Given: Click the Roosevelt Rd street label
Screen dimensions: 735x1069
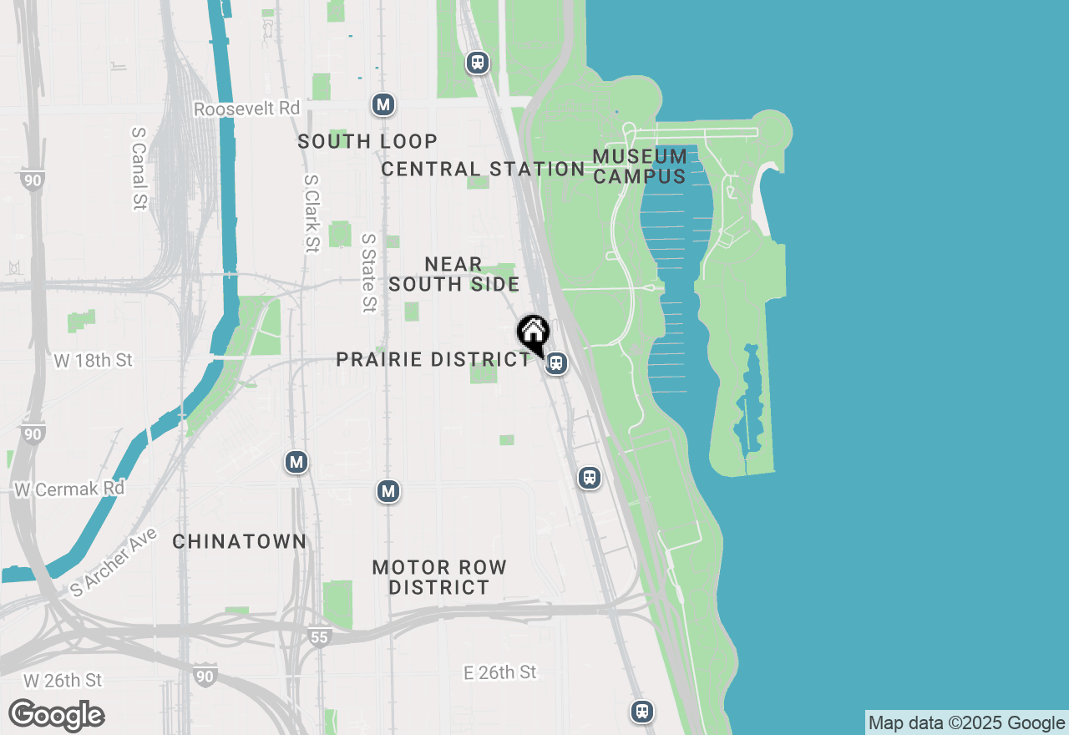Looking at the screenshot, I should click(246, 109).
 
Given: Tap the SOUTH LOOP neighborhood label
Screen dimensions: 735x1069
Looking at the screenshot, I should click(367, 141).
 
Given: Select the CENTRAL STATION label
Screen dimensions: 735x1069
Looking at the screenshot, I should click(483, 169).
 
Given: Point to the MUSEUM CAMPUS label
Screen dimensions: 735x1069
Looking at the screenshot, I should click(640, 166).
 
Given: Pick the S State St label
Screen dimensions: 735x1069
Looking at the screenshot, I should click(368, 272).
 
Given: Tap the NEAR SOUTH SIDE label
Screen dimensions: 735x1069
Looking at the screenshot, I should click(453, 274).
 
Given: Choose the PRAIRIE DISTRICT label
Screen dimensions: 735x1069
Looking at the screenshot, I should click(433, 359).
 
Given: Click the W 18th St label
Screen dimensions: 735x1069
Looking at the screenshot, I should click(94, 361).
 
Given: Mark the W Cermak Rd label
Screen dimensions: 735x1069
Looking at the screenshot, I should click(69, 489).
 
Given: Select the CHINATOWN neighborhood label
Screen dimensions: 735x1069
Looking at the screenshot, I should click(240, 541).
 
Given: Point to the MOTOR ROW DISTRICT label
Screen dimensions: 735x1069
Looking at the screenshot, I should click(439, 577).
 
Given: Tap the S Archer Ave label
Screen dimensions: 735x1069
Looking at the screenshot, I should click(112, 560).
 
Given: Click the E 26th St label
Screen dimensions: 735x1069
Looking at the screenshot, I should click(500, 672).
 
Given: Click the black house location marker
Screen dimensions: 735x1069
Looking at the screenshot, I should click(533, 332).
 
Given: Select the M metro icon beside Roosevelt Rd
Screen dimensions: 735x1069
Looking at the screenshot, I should click(383, 104).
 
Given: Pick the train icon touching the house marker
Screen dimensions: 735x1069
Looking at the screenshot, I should click(556, 363).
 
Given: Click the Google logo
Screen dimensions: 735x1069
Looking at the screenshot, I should click(56, 716).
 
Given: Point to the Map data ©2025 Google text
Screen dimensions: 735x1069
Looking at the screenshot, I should click(966, 723).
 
